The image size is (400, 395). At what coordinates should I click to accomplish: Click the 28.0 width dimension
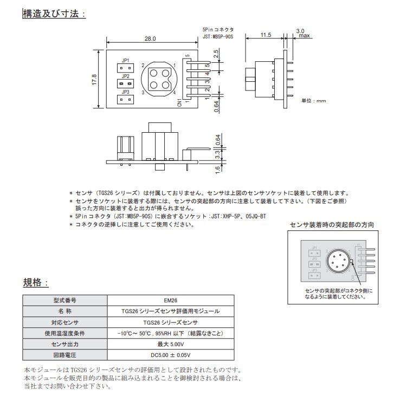[150, 39]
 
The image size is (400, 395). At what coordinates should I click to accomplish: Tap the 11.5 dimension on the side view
[265, 35]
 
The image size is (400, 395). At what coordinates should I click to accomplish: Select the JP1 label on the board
[125, 61]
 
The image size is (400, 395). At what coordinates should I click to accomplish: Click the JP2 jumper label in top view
[125, 76]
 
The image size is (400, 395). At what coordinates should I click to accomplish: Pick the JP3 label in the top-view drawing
[125, 92]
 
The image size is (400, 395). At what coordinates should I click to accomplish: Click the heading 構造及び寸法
[53, 14]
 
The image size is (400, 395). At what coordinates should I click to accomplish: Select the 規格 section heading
[35, 283]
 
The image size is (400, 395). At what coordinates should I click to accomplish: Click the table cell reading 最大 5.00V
[171, 345]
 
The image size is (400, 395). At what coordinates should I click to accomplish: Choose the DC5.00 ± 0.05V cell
[171, 355]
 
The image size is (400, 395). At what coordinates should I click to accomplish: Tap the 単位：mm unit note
[314, 101]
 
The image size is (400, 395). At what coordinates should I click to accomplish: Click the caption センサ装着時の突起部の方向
[332, 224]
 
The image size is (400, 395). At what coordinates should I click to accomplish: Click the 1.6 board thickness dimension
[216, 169]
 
